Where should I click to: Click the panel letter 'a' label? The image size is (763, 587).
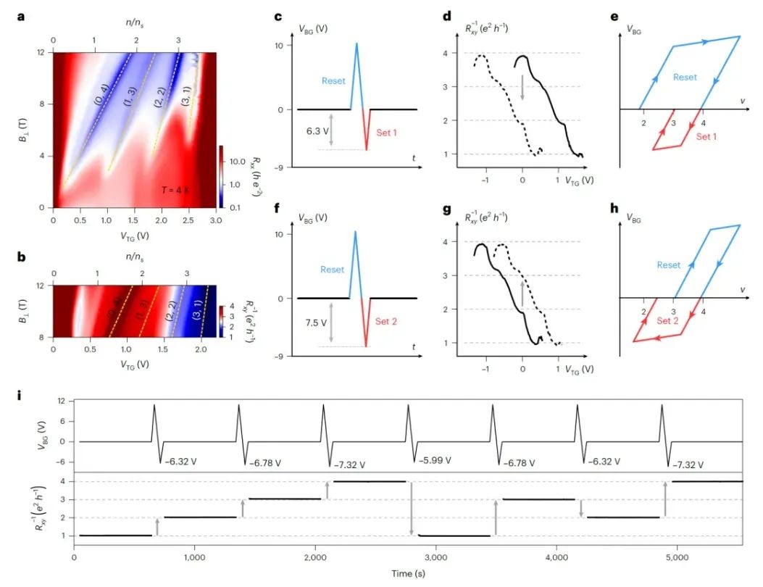22,15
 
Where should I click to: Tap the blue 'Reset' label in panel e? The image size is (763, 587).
684,76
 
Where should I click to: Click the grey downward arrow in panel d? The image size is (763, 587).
522,87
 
